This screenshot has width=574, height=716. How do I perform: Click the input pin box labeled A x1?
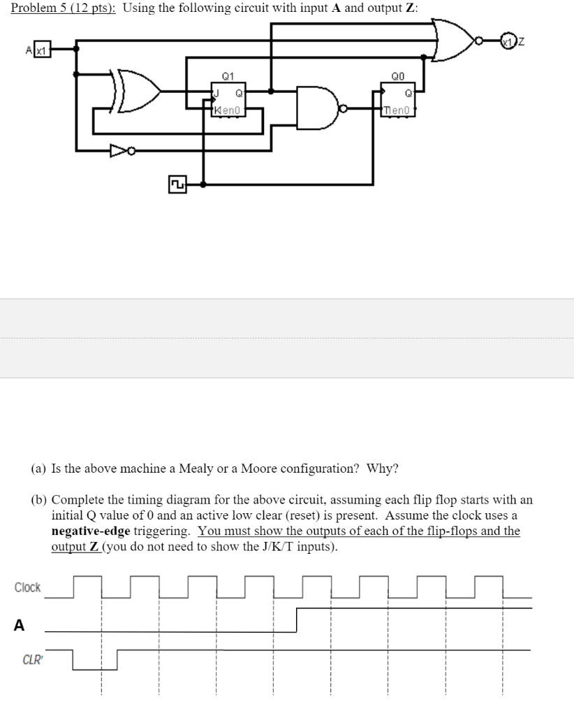[38, 50]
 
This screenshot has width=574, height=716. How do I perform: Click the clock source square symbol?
[177, 185]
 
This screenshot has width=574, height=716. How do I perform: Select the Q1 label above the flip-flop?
[228, 76]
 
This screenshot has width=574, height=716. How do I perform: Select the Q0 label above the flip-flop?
[397, 76]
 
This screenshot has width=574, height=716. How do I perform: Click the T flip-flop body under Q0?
[397, 99]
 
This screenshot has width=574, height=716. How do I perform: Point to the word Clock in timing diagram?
[28, 587]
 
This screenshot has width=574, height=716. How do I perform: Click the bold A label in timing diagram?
[20, 626]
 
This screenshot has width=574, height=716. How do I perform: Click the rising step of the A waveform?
[297, 620]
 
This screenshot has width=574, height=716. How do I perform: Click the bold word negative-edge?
[91, 531]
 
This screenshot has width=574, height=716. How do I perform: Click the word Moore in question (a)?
[258, 468]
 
